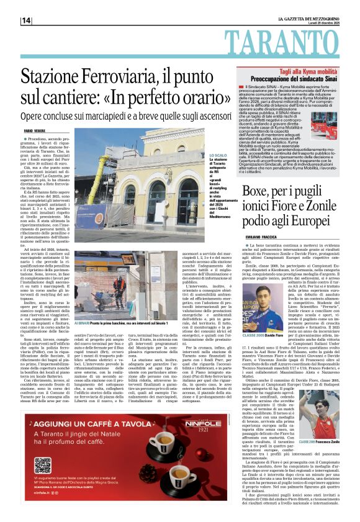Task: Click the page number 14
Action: [x=27, y=20]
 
